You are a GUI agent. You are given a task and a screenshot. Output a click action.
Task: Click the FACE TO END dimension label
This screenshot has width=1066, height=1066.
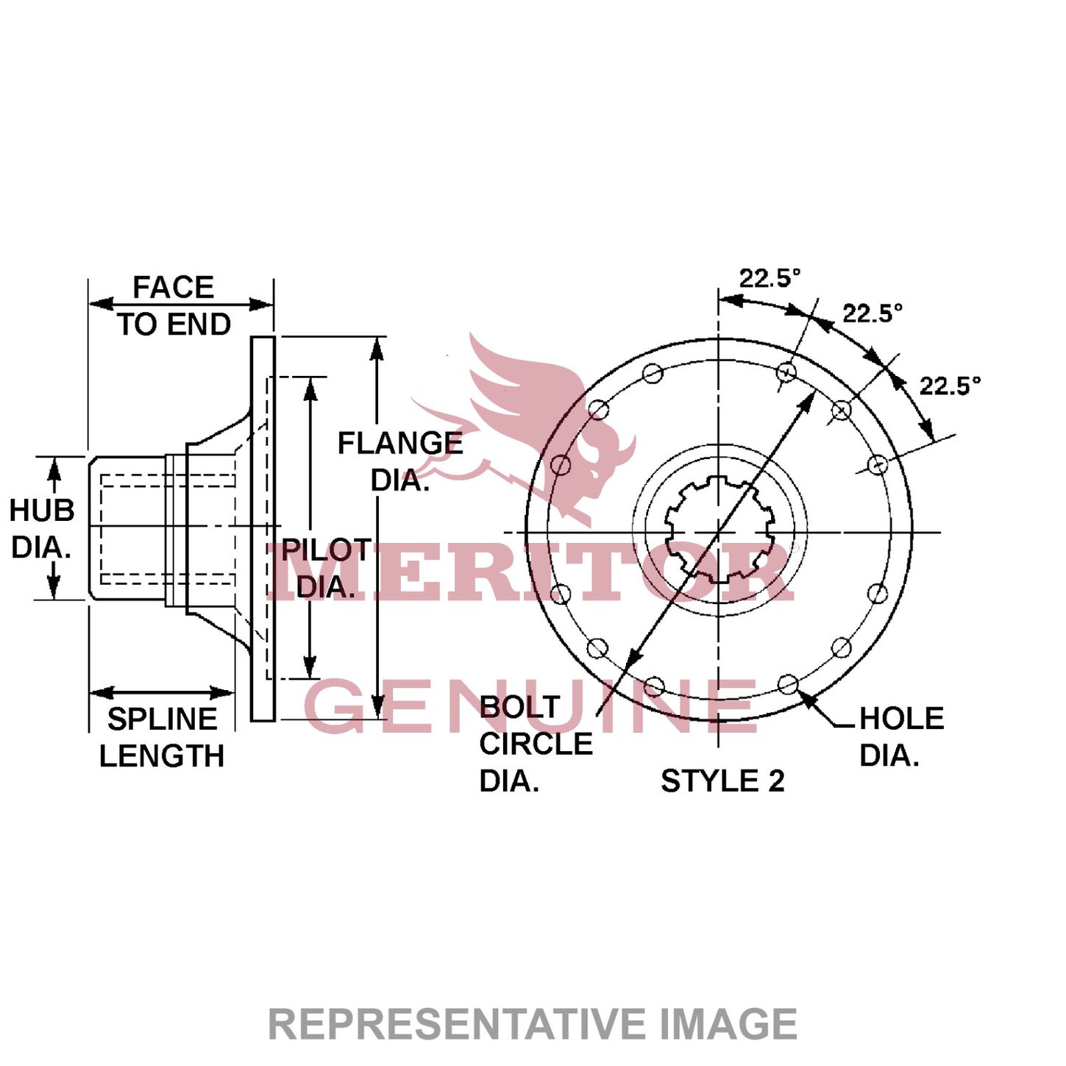pyautogui.click(x=174, y=305)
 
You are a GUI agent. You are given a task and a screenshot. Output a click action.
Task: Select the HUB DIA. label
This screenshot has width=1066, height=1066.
pyautogui.click(x=42, y=528)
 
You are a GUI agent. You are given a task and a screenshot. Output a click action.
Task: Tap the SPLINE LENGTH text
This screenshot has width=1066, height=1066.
pyautogui.click(x=162, y=737)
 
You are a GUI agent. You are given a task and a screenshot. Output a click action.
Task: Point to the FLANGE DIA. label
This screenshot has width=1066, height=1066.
pyautogui.click(x=399, y=461)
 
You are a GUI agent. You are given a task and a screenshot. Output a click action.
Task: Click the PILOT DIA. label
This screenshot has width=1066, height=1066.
pyautogui.click(x=326, y=568)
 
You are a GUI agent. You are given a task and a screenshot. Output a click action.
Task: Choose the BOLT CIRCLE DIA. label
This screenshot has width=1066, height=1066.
pyautogui.click(x=534, y=744)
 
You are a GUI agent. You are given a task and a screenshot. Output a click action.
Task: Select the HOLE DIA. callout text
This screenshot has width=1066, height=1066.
pyautogui.click(x=900, y=736)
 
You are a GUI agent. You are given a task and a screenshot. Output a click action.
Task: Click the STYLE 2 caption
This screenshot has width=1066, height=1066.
pyautogui.click(x=722, y=781)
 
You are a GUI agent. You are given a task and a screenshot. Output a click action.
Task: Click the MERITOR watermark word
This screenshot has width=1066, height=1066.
pyautogui.click(x=530, y=572)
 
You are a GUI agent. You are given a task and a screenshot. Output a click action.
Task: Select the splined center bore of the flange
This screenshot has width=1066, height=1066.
pyautogui.click(x=719, y=530)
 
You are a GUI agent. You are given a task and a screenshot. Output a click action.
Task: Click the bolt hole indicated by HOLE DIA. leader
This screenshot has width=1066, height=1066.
pyautogui.click(x=788, y=684)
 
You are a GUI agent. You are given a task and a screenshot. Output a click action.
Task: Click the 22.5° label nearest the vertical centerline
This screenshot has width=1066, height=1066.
pyautogui.click(x=769, y=278)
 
